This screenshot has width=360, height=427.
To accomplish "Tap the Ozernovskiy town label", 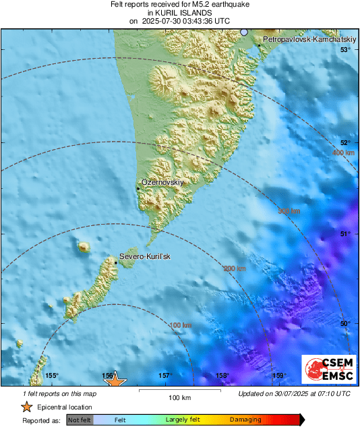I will [162, 183].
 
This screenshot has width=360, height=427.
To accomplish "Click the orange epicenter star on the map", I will [116, 381].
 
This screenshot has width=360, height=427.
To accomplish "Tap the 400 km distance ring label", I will [343, 154].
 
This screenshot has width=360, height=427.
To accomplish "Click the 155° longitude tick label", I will [52, 376].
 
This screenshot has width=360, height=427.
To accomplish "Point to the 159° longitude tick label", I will [278, 376].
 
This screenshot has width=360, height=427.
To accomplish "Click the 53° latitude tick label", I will [345, 50].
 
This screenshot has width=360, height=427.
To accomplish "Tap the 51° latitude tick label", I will [345, 234].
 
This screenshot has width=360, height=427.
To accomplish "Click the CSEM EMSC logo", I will [328, 371].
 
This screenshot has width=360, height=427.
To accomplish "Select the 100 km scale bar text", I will [180, 397].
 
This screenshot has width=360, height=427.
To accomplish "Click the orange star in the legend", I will [26, 407].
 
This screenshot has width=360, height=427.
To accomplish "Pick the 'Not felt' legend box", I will [80, 420].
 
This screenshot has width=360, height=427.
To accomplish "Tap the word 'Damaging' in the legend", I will [245, 420].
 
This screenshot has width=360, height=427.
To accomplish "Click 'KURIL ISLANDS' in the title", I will [179, 13].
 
